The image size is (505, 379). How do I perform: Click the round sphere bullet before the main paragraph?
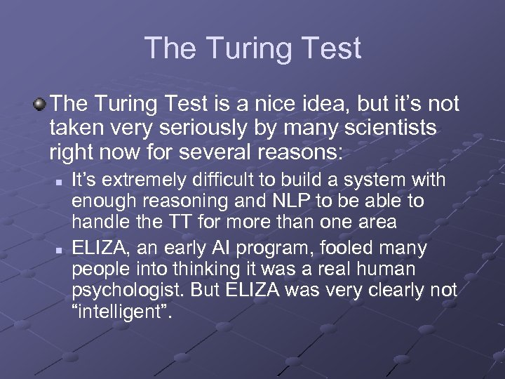tap(40, 105)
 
